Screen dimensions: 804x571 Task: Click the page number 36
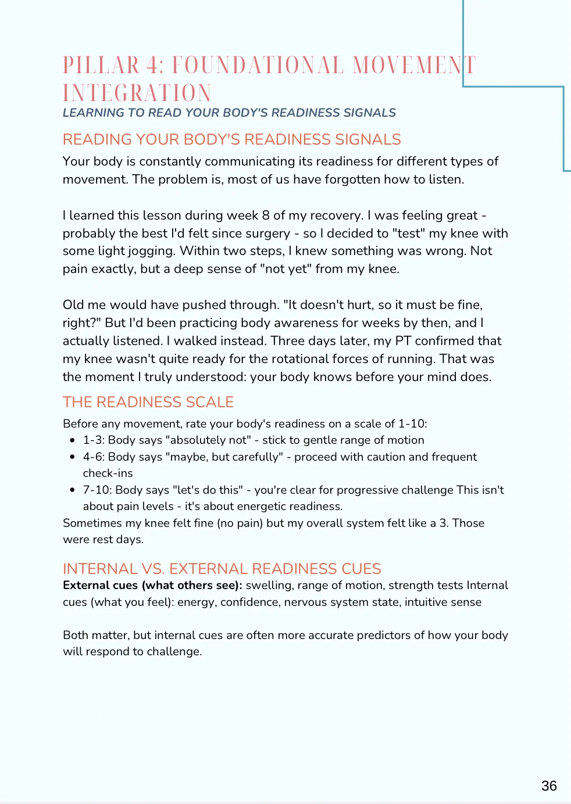pos(549,786)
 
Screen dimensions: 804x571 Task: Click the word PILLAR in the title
pos(101,66)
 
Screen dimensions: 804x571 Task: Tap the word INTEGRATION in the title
pos(137,93)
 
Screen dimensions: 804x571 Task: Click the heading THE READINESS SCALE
pos(148,402)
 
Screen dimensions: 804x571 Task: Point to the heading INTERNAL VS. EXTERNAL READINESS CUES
pos(222,569)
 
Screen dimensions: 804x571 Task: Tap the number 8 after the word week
pos(266,216)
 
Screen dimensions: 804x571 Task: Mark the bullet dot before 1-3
pos(72,440)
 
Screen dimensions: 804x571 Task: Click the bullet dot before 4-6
pos(72,457)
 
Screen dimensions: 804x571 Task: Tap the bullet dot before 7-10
pos(72,490)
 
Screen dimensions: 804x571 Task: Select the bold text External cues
pos(100,586)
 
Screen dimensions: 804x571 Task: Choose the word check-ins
pos(108,473)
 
